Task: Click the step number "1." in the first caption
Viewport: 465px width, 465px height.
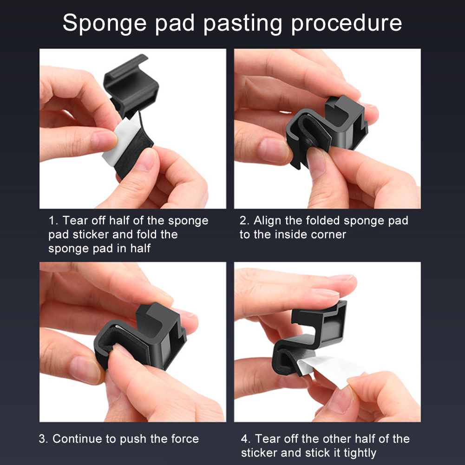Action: (54, 221)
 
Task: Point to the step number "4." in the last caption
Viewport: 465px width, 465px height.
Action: (246, 439)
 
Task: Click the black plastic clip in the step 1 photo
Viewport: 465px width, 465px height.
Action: (131, 85)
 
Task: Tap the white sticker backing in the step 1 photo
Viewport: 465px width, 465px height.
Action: (120, 139)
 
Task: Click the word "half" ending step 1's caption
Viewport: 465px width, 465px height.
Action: (140, 249)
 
